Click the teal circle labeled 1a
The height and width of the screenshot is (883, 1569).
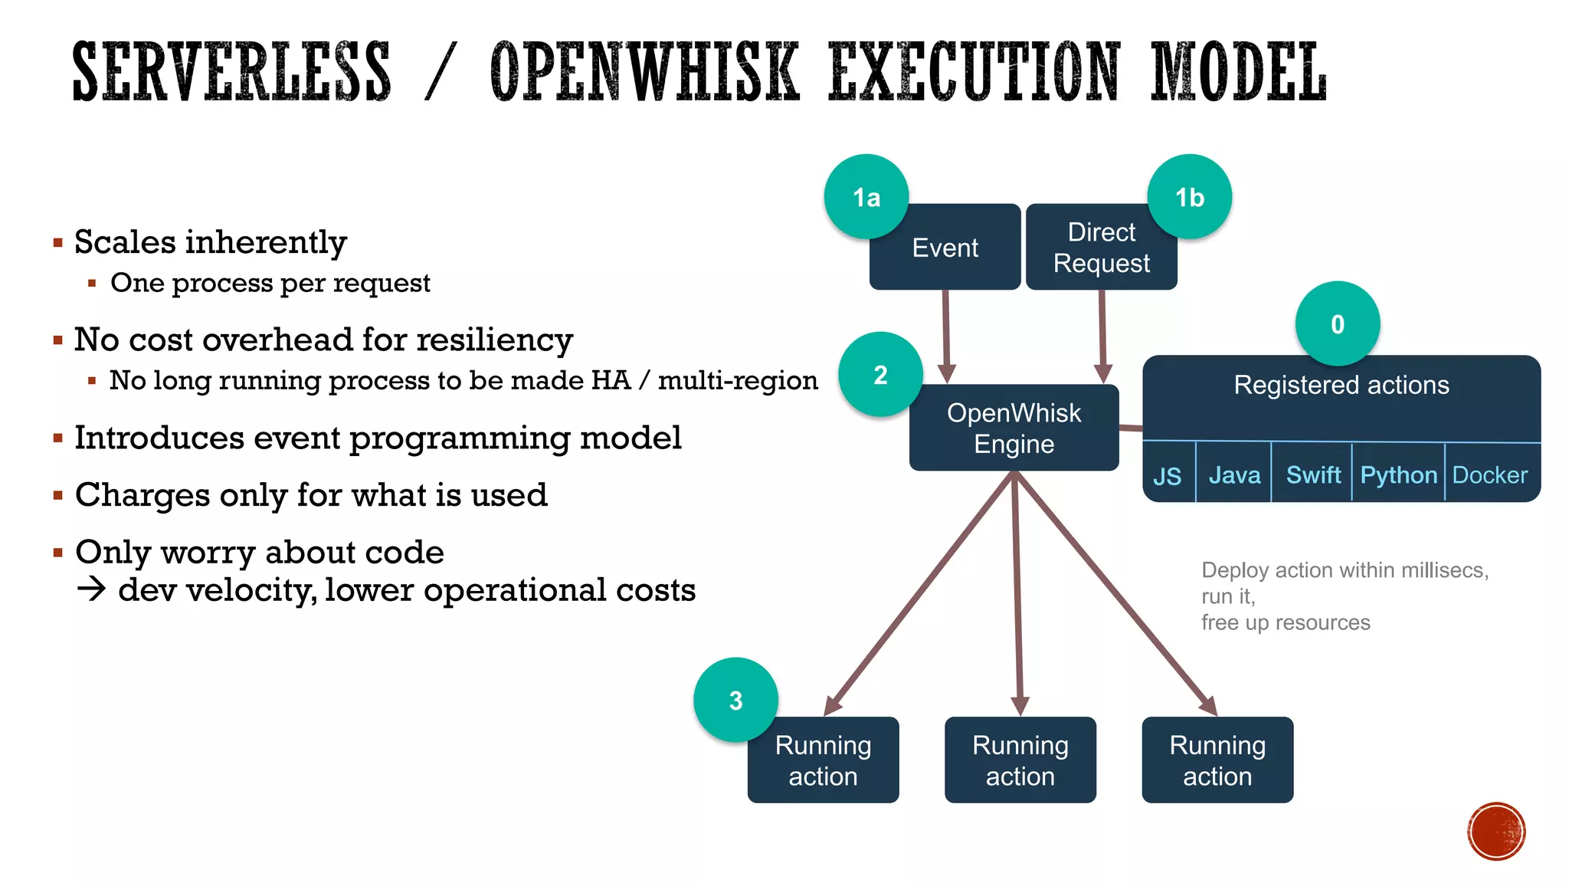pos(866,197)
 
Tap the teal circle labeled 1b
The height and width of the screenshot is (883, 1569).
pos(1189,197)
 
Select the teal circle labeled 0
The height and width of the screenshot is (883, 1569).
pos(1337,323)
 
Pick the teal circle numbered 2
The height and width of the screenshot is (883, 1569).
pos(880,374)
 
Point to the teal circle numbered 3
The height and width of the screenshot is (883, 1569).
pos(735,700)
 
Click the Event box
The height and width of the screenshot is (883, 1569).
pos(945,248)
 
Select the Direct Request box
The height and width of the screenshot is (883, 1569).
pos(1101,248)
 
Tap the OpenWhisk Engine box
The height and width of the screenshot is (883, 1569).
pos(1014,428)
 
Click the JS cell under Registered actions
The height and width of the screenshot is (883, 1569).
pos(1167,475)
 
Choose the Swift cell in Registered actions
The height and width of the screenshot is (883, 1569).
pos(1312,474)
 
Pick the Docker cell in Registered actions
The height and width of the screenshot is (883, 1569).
pos(1489,474)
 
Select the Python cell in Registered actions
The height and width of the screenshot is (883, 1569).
pos(1398,474)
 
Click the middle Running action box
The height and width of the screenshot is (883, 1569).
pos(1020,760)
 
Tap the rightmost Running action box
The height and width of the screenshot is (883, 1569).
pos(1217,760)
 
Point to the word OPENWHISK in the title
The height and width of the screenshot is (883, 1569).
pos(644,73)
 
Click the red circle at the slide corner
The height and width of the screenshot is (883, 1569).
pos(1496,831)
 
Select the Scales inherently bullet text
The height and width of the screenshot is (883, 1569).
pos(210,242)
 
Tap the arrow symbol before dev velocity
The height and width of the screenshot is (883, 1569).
pos(91,589)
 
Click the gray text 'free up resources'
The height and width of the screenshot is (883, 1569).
pos(1285,622)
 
